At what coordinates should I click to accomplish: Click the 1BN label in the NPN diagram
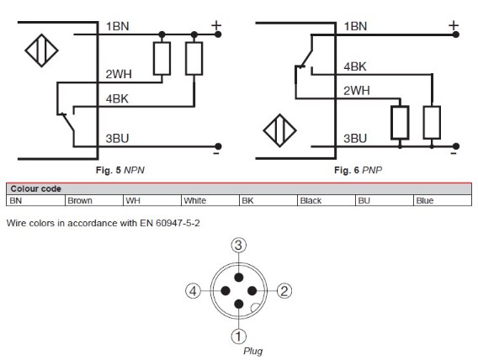(x=117, y=27)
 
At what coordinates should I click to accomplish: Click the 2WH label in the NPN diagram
(x=117, y=74)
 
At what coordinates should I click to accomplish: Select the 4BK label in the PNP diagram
(x=355, y=66)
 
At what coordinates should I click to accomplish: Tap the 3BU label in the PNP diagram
(x=355, y=139)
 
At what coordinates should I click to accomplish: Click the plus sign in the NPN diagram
(x=215, y=25)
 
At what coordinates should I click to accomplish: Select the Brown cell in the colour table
(x=81, y=201)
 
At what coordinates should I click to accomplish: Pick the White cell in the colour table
(x=195, y=201)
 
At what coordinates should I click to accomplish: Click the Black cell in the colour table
(x=311, y=201)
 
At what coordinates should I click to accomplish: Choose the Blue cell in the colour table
(x=426, y=201)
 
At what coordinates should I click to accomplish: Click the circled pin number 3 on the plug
(x=239, y=245)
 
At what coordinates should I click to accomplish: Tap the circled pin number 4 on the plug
(x=194, y=291)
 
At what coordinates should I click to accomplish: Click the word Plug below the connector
(x=253, y=350)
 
